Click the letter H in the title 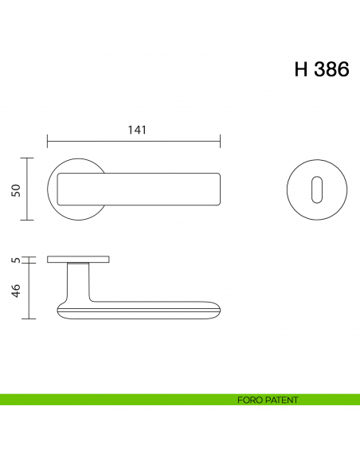tap(302, 69)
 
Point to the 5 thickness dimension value tap(15, 260)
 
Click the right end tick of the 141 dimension tap(221, 143)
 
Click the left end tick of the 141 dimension tap(47, 143)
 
